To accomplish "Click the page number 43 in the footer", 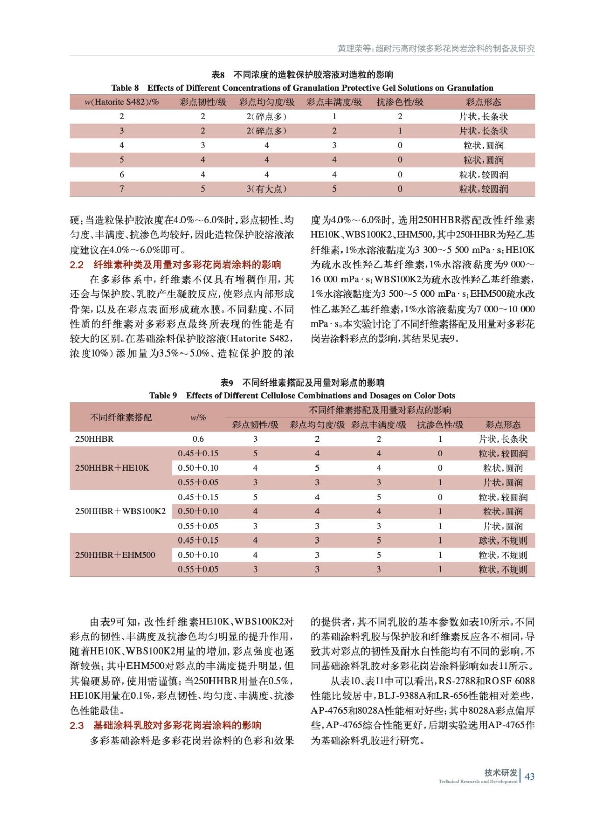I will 530,776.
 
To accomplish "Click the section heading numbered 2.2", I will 175,265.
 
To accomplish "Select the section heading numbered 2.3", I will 166,725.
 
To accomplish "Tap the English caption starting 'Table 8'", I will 302,88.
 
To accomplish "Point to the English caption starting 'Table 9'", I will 302,395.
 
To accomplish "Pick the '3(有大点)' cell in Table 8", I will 266,189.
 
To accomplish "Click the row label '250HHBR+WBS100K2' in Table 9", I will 120,511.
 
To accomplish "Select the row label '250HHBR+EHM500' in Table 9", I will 115,555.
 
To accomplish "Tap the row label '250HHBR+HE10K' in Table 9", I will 112,468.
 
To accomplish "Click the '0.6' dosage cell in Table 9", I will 198,439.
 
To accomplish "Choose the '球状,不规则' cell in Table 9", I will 503,540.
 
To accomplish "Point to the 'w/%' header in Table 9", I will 198,417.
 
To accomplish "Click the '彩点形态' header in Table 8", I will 483,102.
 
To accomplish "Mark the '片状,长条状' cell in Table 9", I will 503,439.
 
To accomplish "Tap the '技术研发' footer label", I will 501,773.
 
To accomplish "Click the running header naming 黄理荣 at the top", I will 436,49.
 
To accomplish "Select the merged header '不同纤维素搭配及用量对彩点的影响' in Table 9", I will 380,410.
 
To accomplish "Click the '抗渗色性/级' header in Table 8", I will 400,102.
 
